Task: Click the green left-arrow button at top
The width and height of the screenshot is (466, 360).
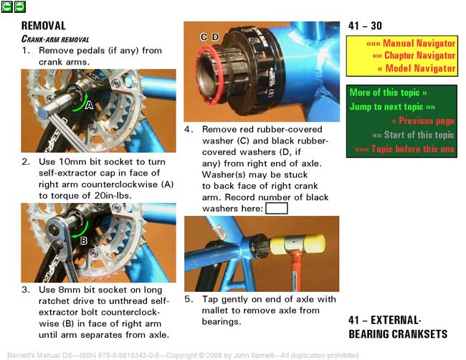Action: (7, 6)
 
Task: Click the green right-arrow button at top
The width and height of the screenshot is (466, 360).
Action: (20, 6)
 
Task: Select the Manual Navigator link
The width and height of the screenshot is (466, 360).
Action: (411, 44)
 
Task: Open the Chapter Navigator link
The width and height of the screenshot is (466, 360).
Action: (414, 56)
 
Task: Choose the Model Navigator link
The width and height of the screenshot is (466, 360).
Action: (417, 68)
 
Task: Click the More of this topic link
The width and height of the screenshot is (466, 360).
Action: (388, 93)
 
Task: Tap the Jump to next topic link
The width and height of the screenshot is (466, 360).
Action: (392, 106)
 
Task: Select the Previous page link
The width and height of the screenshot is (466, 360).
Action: (423, 120)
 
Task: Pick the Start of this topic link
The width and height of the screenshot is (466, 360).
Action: (414, 135)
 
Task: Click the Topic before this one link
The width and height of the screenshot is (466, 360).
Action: (405, 148)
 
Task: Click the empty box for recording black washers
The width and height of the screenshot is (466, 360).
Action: (277, 208)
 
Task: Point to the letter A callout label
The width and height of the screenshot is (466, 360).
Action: (89, 105)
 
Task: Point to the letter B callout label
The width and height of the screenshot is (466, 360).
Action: (84, 240)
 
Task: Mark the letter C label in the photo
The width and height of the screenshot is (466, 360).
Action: (204, 37)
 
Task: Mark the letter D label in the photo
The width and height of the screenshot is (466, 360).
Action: (216, 37)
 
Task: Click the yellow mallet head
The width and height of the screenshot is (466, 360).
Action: (298, 244)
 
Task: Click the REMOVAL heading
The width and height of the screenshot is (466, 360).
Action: (44, 26)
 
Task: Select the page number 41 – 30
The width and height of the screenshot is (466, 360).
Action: (365, 26)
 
